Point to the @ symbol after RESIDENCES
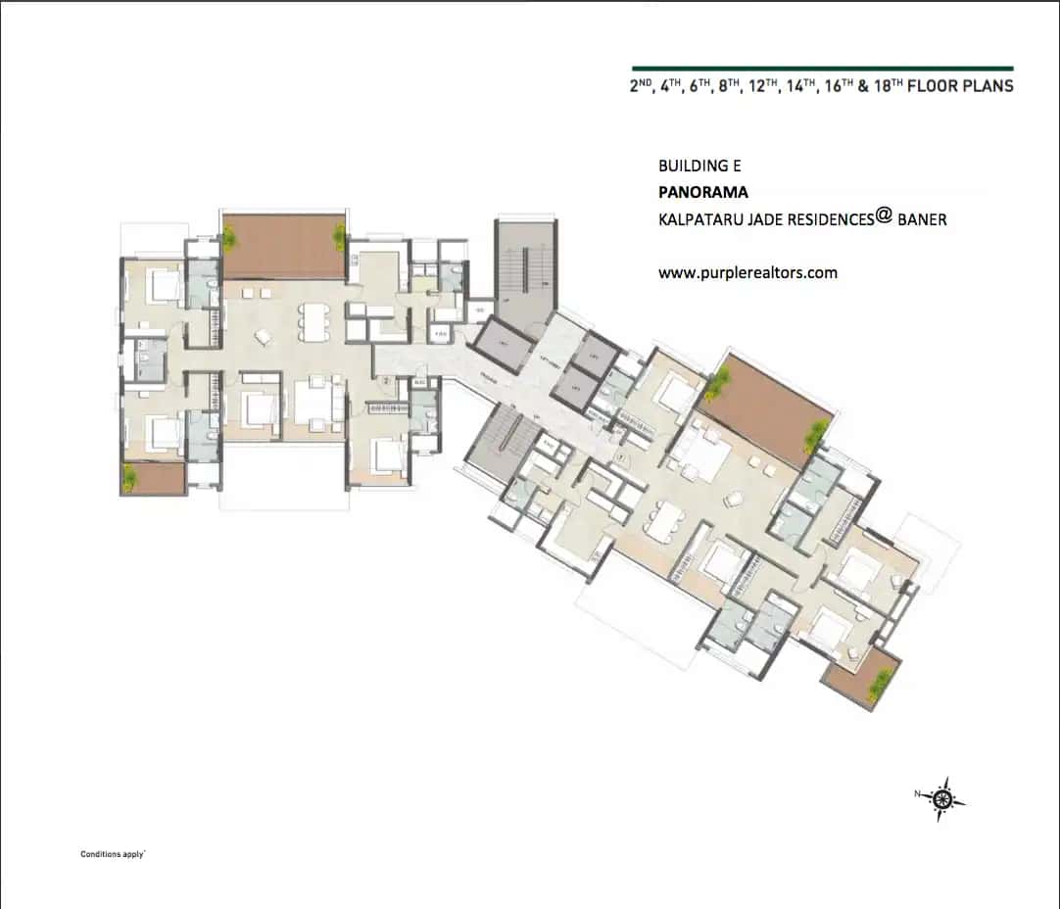coord(884,217)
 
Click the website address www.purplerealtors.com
coord(747,273)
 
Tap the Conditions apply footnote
coord(113,854)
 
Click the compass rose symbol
coord(943,798)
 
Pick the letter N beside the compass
coord(917,794)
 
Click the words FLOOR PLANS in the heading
coord(960,86)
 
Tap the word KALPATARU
coord(701,220)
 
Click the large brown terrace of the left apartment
coord(284,246)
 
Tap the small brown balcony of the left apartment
coord(154,479)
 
